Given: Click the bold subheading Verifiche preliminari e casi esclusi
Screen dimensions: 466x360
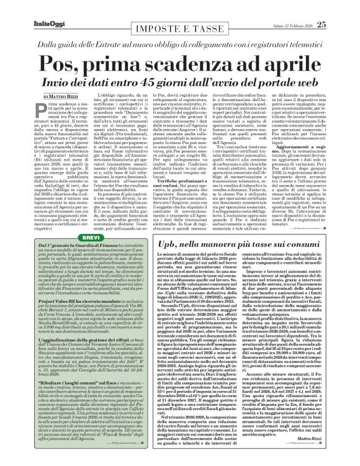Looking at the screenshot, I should coord(198,168).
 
